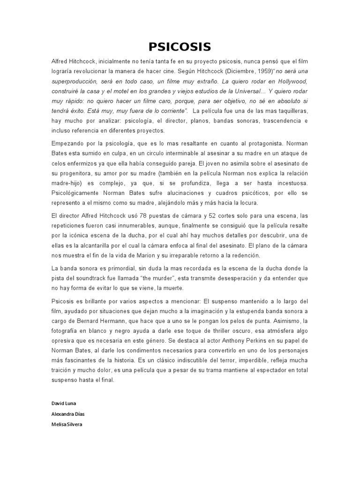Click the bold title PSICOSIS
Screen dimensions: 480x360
pos(180,46)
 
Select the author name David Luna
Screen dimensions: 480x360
pos(63,404)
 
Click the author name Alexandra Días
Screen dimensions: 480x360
pos(68,414)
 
